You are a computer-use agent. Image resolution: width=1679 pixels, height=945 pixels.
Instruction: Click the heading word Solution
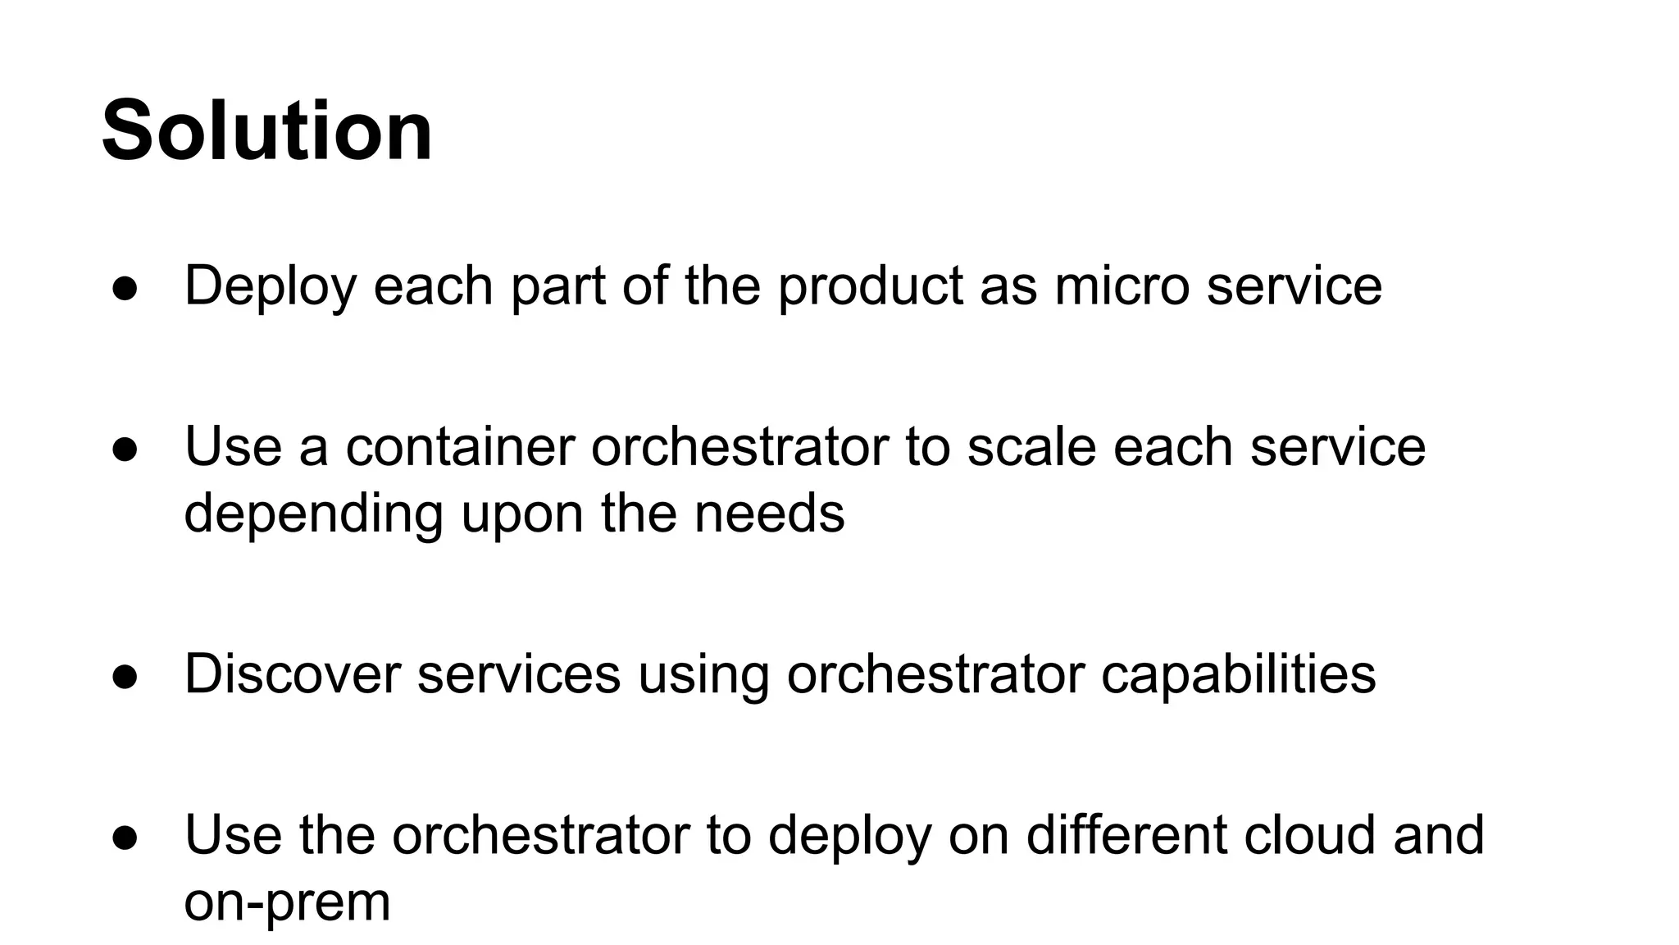tap(267, 131)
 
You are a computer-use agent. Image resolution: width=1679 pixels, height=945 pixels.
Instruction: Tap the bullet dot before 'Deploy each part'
tap(125, 289)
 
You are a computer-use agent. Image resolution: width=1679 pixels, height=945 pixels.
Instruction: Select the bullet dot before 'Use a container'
tap(125, 450)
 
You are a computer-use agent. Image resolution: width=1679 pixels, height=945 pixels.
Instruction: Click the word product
tap(870, 287)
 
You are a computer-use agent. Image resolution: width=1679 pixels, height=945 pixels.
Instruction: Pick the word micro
tap(1122, 287)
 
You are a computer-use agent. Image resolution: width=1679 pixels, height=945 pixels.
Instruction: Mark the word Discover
tap(293, 674)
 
